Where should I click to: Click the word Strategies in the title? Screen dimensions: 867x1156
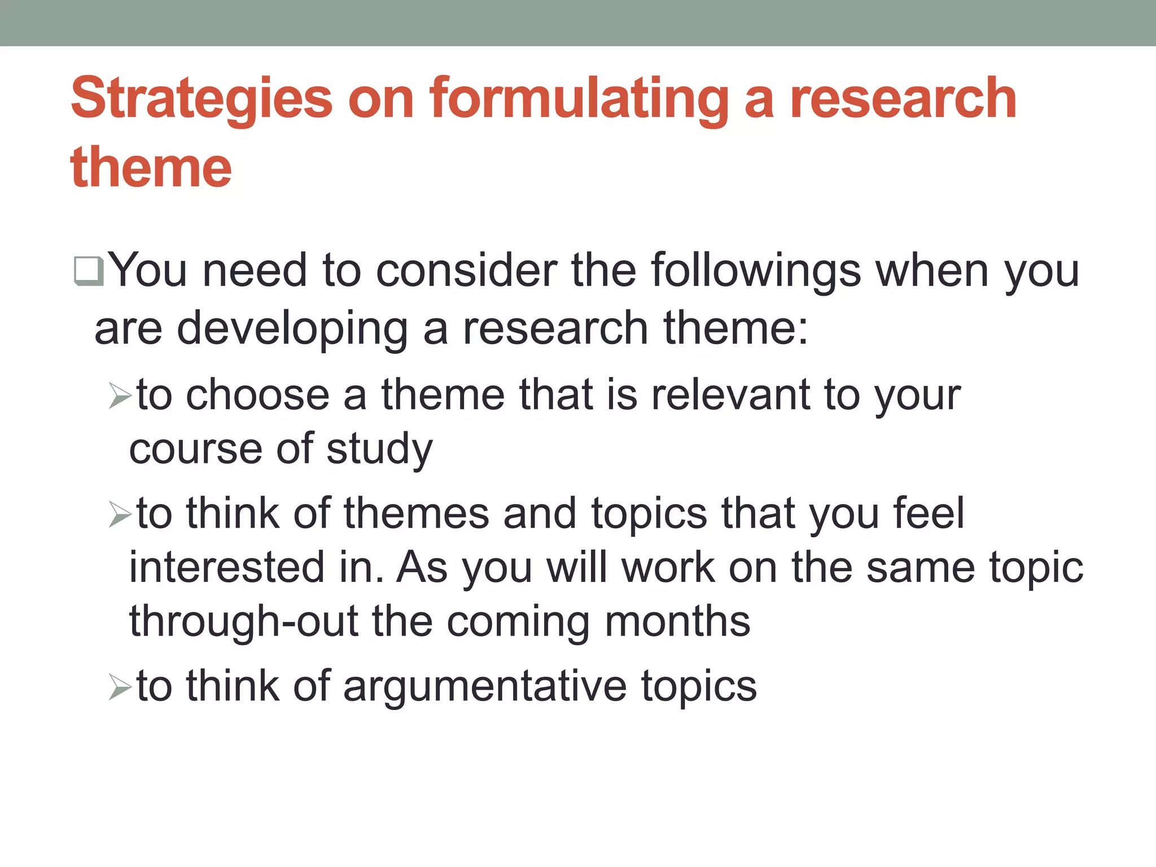[202, 99]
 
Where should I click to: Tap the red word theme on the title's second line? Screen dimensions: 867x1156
[151, 167]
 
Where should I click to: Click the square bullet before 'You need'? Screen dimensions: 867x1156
[89, 271]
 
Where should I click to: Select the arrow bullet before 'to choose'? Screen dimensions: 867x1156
[120, 396]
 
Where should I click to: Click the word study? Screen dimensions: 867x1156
[379, 450]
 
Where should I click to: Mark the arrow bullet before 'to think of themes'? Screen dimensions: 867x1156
[120, 515]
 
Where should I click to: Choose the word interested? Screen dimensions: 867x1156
[227, 567]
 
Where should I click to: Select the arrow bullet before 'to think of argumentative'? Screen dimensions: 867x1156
[120, 688]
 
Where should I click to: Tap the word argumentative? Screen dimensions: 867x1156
[485, 687]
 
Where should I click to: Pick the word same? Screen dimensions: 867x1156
[920, 567]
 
